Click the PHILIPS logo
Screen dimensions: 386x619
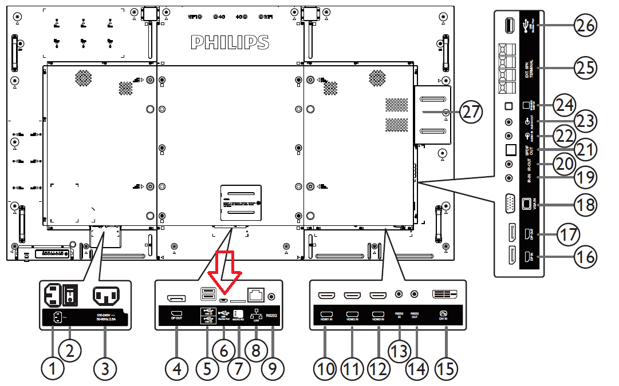[x=229, y=42]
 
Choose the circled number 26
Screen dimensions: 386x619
[x=586, y=26]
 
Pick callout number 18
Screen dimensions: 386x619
[x=586, y=204]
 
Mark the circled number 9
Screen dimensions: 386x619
[x=273, y=369]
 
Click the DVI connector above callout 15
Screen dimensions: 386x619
[x=445, y=295]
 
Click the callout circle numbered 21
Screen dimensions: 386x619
[x=586, y=150]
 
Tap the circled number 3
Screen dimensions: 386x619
[x=105, y=369]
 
